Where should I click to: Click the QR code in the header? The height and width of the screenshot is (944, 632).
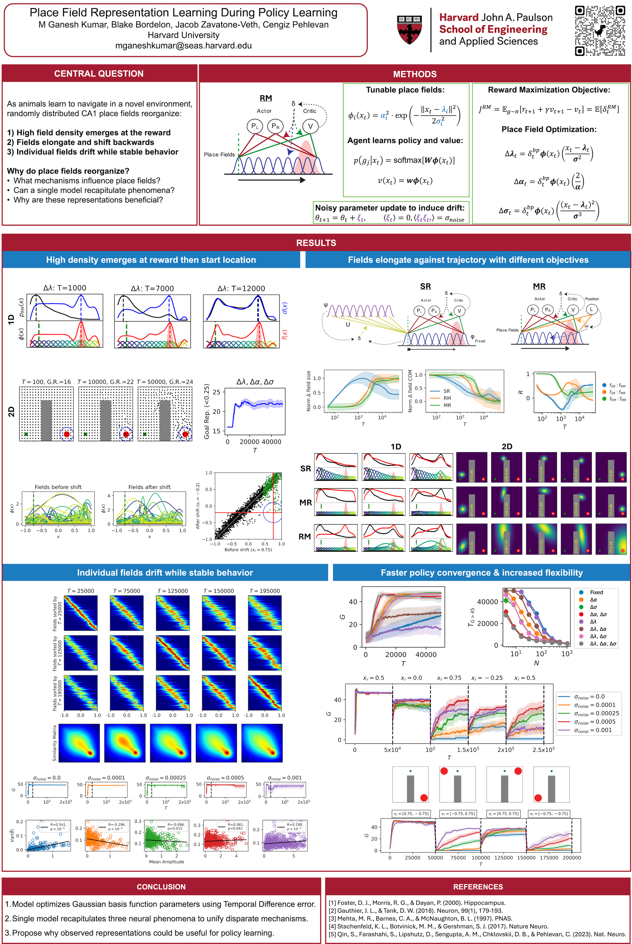pyautogui.click(x=600, y=30)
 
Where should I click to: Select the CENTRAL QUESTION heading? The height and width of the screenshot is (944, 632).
pyautogui.click(x=99, y=73)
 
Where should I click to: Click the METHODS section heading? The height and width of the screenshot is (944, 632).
pyautogui.click(x=414, y=74)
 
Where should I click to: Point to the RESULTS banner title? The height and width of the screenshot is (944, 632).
pyautogui.click(x=316, y=243)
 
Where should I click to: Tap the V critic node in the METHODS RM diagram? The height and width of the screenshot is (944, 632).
pyautogui.click(x=310, y=126)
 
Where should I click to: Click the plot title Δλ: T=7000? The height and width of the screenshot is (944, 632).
pyautogui.click(x=152, y=288)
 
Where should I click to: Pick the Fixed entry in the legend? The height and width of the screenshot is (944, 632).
pyautogui.click(x=596, y=592)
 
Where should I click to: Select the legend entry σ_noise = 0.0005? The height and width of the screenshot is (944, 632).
pyautogui.click(x=595, y=721)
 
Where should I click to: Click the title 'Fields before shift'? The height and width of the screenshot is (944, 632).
pyautogui.click(x=58, y=487)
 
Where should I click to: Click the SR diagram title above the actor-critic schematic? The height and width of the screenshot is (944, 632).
pyautogui.click(x=425, y=286)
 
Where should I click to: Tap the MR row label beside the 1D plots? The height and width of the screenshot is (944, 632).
pyautogui.click(x=306, y=502)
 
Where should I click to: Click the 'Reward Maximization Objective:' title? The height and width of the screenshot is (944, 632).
pyautogui.click(x=549, y=90)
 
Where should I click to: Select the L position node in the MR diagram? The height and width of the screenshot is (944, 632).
pyautogui.click(x=591, y=309)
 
